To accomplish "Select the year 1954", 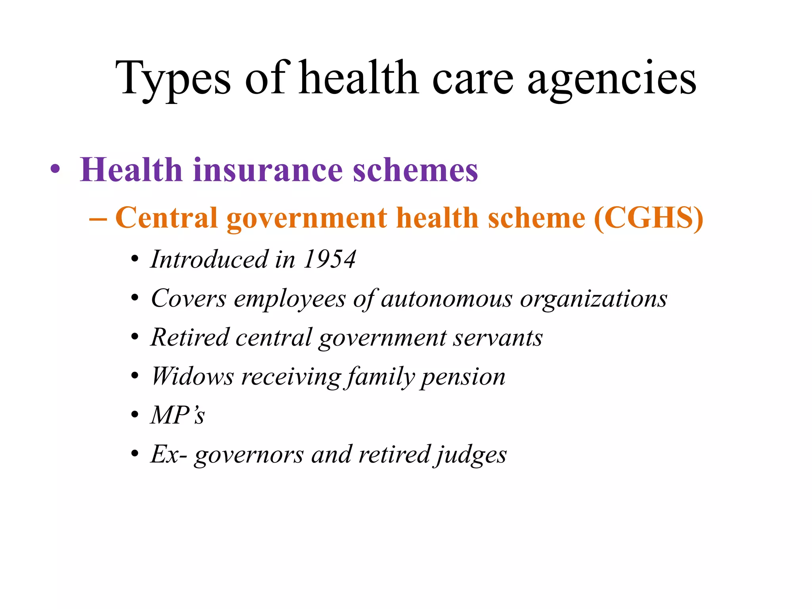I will pyautogui.click(x=329, y=259).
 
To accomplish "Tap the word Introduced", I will pyautogui.click(x=209, y=259).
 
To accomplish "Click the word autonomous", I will pyautogui.click(x=446, y=299).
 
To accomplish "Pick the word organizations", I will pyautogui.click(x=594, y=299).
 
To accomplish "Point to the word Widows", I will pyautogui.click(x=193, y=376).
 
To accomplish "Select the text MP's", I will pyautogui.click(x=178, y=415).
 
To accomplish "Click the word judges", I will pyautogui.click(x=471, y=454).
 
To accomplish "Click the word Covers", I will pyautogui.click(x=189, y=299).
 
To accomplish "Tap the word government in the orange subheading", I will pyautogui.click(x=307, y=218).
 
